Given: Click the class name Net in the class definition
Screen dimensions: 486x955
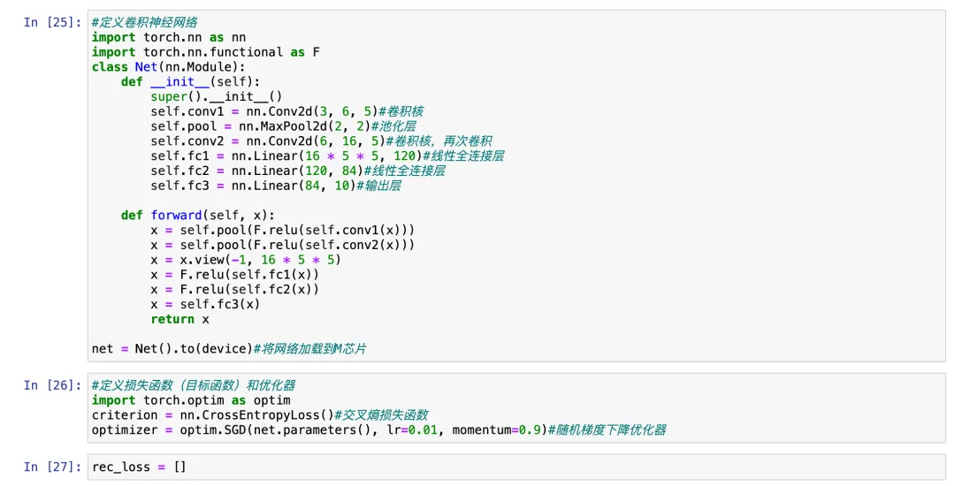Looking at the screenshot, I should click(146, 67).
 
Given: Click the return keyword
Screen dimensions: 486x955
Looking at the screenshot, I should click(172, 319).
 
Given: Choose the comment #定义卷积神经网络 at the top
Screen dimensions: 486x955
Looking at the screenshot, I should click(145, 22).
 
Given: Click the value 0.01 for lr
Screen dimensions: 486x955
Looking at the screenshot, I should click(423, 430).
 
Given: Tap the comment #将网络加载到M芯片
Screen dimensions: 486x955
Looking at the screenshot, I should click(309, 349).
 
